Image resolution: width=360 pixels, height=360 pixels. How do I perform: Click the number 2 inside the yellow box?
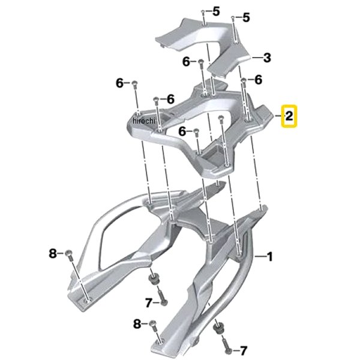(289, 116)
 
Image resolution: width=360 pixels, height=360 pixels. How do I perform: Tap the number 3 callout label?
(267, 58)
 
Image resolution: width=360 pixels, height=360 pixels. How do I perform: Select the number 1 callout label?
(269, 256)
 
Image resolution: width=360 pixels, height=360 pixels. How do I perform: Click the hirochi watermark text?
(144, 121)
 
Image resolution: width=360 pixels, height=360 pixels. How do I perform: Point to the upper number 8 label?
(53, 254)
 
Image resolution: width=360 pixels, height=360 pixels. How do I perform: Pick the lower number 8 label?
(137, 324)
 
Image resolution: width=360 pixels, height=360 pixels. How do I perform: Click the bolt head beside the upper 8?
(68, 253)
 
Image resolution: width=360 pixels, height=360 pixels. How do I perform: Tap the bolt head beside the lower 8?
(152, 323)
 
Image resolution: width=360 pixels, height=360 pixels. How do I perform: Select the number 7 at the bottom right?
(243, 351)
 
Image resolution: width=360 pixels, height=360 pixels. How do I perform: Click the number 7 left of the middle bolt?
(149, 303)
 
